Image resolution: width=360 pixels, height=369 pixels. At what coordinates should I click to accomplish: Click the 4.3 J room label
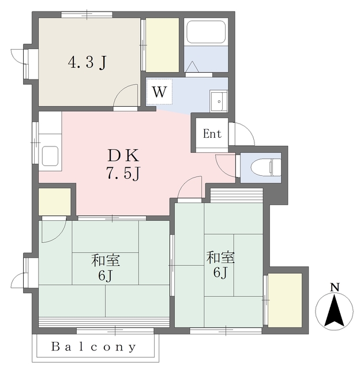[x=87, y=63]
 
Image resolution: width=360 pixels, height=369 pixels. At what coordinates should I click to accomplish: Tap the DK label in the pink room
[x=123, y=156]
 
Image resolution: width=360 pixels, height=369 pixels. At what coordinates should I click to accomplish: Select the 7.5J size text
[x=123, y=174]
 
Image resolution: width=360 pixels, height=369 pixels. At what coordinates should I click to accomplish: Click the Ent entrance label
[x=212, y=134]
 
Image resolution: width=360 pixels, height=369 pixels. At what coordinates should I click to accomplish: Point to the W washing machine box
[x=159, y=92]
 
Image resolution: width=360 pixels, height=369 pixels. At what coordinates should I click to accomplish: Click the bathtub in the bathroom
[x=206, y=32]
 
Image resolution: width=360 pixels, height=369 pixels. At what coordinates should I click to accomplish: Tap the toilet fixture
[x=265, y=167]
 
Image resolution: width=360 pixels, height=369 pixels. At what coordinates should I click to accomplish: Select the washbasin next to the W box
[x=219, y=101]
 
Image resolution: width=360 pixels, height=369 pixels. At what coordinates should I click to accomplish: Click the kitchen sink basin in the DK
[x=50, y=156]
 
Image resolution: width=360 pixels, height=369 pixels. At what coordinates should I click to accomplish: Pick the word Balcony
[x=93, y=347]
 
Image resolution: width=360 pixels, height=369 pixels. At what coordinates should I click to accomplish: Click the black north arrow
[x=334, y=310]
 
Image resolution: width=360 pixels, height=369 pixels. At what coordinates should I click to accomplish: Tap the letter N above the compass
[x=335, y=287]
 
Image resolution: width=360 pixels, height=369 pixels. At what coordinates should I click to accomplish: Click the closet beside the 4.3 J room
[x=162, y=45]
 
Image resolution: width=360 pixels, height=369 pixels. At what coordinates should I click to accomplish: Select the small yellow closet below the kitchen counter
[x=55, y=201]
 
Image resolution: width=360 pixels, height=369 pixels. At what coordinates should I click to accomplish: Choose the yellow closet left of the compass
[x=285, y=300]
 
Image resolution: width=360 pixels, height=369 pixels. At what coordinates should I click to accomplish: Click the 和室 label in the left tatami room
[x=106, y=260]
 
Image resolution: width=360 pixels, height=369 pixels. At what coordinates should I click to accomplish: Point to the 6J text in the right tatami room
[x=220, y=273]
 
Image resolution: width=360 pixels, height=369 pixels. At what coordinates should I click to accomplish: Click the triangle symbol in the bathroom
[x=193, y=67]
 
